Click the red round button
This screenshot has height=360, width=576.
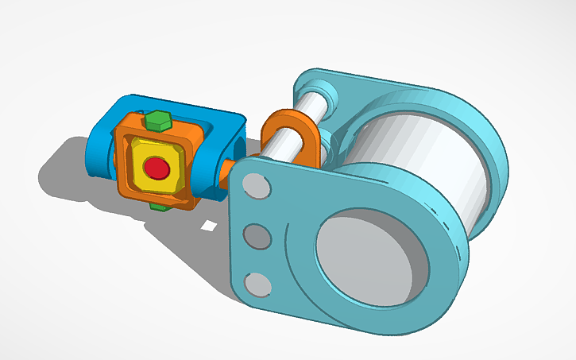pos(157,168)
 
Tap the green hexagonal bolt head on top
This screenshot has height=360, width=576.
pos(157,122)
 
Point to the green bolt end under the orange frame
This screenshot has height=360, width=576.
pos(159,207)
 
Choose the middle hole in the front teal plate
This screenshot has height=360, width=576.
pos(256,236)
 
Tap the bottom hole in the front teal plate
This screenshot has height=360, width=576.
pos(256,284)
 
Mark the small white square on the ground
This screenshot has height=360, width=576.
pos(208,225)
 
